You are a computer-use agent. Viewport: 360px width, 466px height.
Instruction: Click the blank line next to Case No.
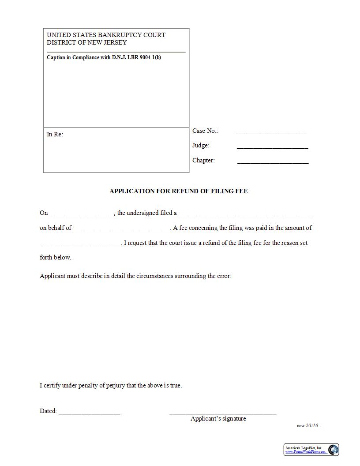click(271, 132)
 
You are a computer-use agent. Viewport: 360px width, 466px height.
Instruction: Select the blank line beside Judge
click(272, 147)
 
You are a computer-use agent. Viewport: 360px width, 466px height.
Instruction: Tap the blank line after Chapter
click(273, 162)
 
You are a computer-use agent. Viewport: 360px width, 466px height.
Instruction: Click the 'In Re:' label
click(55, 134)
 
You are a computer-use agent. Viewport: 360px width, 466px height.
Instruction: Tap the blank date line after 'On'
click(82, 214)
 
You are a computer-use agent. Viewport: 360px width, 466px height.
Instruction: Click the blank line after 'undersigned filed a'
click(246, 214)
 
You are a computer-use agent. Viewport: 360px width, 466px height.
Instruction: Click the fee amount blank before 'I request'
click(80, 244)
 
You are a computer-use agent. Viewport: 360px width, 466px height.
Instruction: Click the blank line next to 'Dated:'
click(89, 413)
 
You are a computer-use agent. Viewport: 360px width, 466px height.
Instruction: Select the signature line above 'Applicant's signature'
click(223, 413)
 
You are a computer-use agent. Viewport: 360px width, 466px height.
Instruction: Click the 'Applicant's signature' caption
click(218, 419)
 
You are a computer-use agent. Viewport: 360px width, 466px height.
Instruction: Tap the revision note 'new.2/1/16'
click(307, 426)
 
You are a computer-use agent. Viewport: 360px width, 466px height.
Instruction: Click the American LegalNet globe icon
click(333, 449)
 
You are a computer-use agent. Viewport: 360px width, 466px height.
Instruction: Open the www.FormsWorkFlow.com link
click(305, 452)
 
